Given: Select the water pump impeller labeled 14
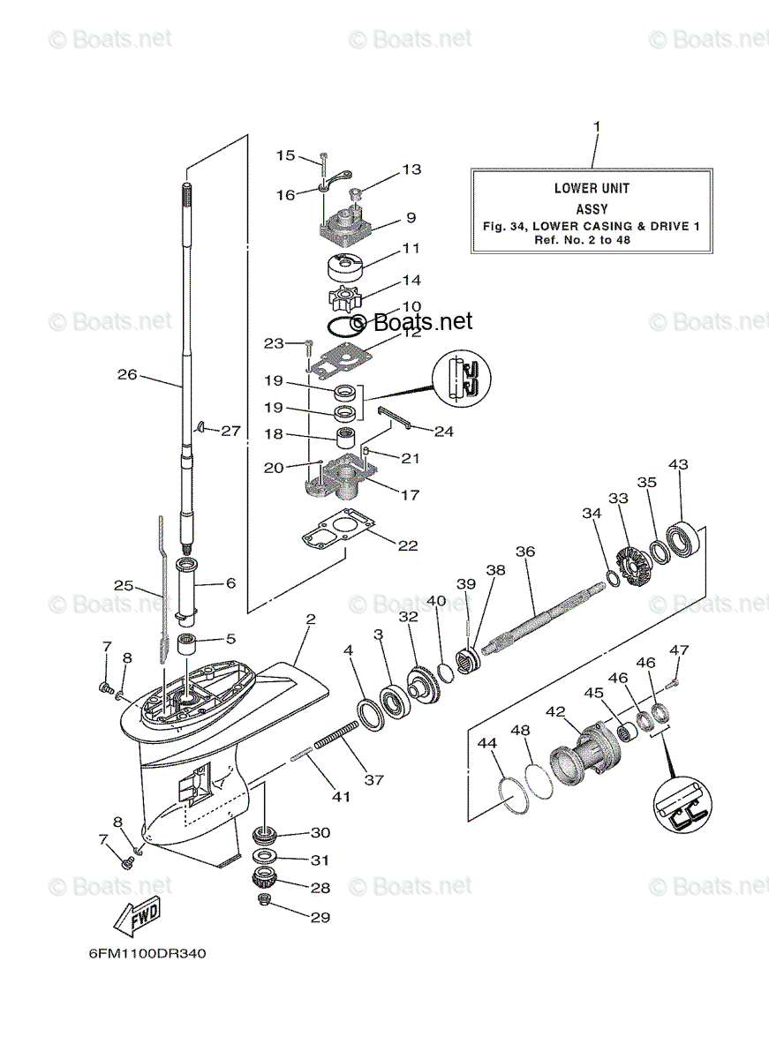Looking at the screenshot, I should coord(341,297).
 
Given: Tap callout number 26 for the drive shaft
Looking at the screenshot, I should coord(128,374).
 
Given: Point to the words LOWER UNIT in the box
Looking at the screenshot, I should coord(592,188).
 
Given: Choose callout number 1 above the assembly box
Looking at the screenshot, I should coord(596,127).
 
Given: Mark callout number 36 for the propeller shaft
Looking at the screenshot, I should coord(525,552).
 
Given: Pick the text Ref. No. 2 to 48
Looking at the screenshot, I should coord(592,240).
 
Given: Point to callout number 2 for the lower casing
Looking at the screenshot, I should coord(310,620).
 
